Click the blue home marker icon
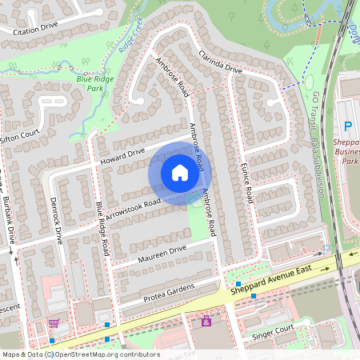coord(180,173)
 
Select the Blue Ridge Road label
coord(102,229)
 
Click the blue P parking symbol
coord(347,126)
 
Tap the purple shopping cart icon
coord(54,323)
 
